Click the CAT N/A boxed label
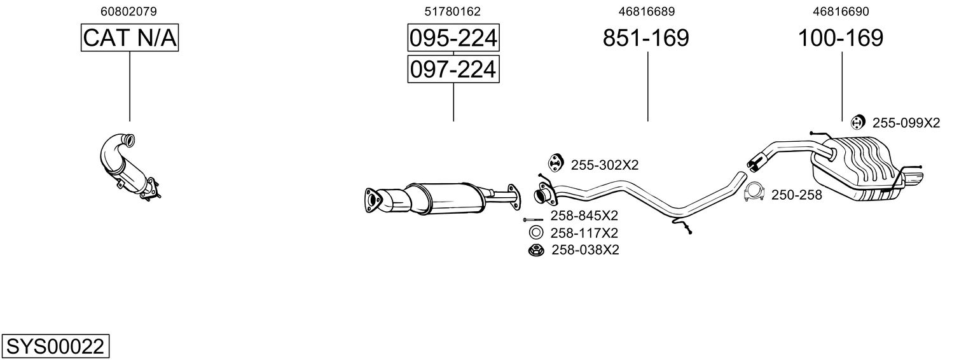tap(130, 38)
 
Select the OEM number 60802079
tap(128, 11)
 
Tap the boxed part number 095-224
tap(453, 38)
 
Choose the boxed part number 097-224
tap(453, 69)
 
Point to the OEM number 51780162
tap(453, 11)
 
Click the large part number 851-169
tap(646, 38)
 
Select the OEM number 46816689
tap(647, 11)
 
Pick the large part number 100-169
tap(841, 38)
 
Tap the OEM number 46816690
tap(841, 11)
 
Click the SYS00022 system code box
tap(55, 346)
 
